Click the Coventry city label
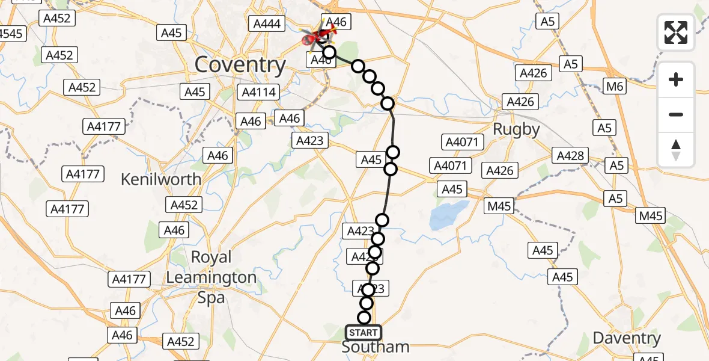point(240,65)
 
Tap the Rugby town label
point(516,129)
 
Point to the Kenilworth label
point(161,179)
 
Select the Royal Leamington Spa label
point(211,277)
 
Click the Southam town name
point(376,347)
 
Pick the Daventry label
point(627,338)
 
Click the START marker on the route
point(363,333)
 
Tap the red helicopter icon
point(314,39)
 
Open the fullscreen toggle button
point(676,32)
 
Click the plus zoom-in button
point(676,79)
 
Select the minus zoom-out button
point(676,114)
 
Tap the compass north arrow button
point(676,150)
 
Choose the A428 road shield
point(570,156)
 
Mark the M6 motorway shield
point(615,87)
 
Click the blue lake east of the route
point(449,216)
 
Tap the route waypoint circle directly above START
point(364,318)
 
